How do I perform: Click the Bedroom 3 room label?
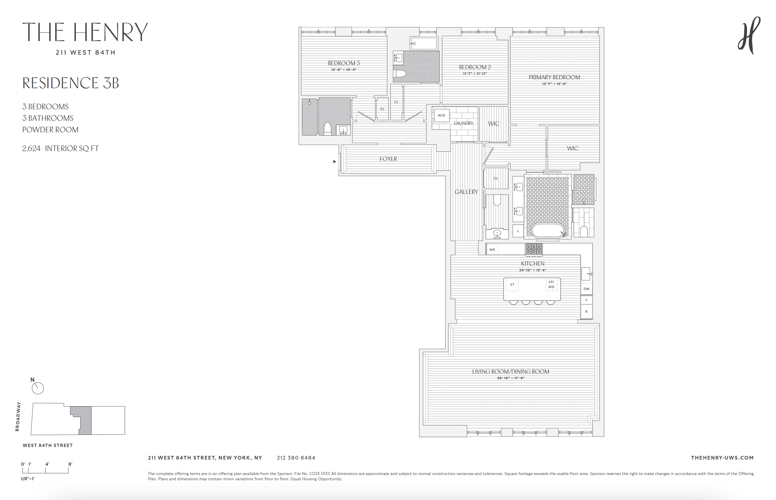tap(344, 63)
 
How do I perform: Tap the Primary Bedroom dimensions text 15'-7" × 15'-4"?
tap(554, 84)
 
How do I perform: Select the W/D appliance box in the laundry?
tap(441, 116)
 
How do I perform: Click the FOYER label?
tap(388, 159)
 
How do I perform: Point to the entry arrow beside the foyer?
tap(334, 162)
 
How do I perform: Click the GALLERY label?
tap(466, 192)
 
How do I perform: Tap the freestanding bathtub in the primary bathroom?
tap(548, 230)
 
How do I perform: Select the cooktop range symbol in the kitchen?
tap(533, 249)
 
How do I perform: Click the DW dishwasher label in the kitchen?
tap(586, 289)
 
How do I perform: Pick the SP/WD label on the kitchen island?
tap(551, 284)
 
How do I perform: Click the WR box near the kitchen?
tap(492, 250)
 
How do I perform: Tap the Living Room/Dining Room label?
tap(510, 372)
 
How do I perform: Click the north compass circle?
tap(38, 388)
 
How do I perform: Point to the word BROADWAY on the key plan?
tap(18, 416)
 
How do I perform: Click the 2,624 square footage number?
tap(31, 148)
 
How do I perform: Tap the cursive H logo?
tap(749, 36)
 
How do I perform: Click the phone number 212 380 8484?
tap(296, 458)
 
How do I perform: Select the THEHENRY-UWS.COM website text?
tap(722, 458)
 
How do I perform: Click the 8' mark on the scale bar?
tap(70, 464)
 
